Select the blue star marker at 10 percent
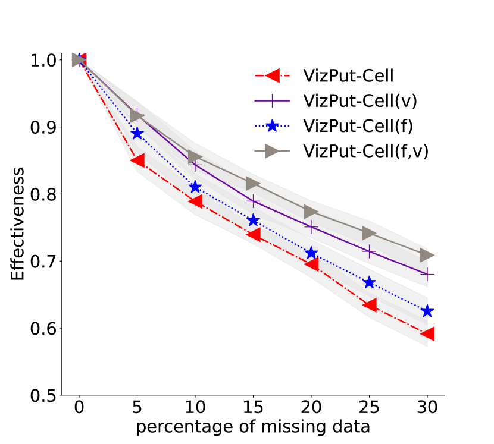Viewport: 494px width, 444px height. pyautogui.click(x=195, y=187)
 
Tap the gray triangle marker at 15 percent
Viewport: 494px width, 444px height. pyautogui.click(x=253, y=184)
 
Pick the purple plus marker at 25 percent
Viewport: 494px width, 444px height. pyautogui.click(x=370, y=252)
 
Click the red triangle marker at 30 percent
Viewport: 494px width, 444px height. pyautogui.click(x=427, y=333)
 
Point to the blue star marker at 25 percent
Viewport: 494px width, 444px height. pyautogui.click(x=370, y=282)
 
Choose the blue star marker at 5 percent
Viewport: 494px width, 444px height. pyautogui.click(x=137, y=133)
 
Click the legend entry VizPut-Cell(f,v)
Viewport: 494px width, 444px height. pyautogui.click(x=365, y=151)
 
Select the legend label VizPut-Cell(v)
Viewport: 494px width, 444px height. pyautogui.click(x=359, y=100)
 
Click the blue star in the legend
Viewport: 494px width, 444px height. pyautogui.click(x=272, y=126)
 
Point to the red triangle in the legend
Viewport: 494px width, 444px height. pyautogui.click(x=272, y=75)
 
